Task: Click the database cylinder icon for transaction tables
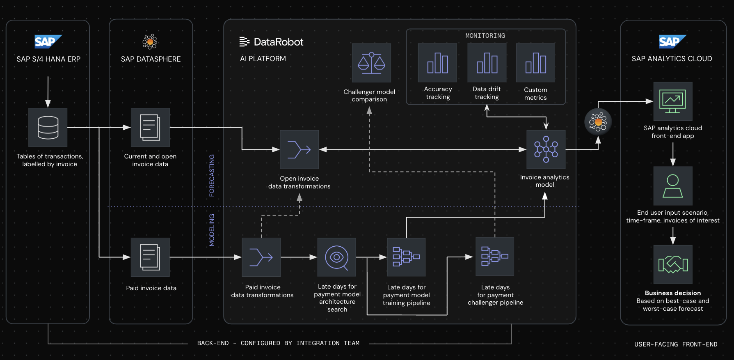[x=48, y=127]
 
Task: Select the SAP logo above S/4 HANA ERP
[x=48, y=41]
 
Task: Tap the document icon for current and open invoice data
[x=150, y=127]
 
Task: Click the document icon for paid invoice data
[x=150, y=257]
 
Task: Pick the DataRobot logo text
[x=272, y=42]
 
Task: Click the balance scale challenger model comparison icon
[x=371, y=63]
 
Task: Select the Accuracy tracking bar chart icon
[x=437, y=63]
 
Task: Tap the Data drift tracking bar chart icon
[x=487, y=63]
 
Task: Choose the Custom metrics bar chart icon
[x=535, y=63]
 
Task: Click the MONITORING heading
[x=485, y=36]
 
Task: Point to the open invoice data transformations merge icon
[x=299, y=149]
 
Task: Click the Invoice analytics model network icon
[x=546, y=149]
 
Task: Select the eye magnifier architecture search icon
[x=337, y=257]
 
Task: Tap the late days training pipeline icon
[x=406, y=257]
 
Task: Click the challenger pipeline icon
[x=495, y=257]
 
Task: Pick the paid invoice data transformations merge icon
[x=261, y=257]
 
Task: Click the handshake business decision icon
[x=673, y=264]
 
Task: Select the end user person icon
[x=673, y=186]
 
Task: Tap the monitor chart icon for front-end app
[x=673, y=101]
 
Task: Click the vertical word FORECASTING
[x=212, y=175]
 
